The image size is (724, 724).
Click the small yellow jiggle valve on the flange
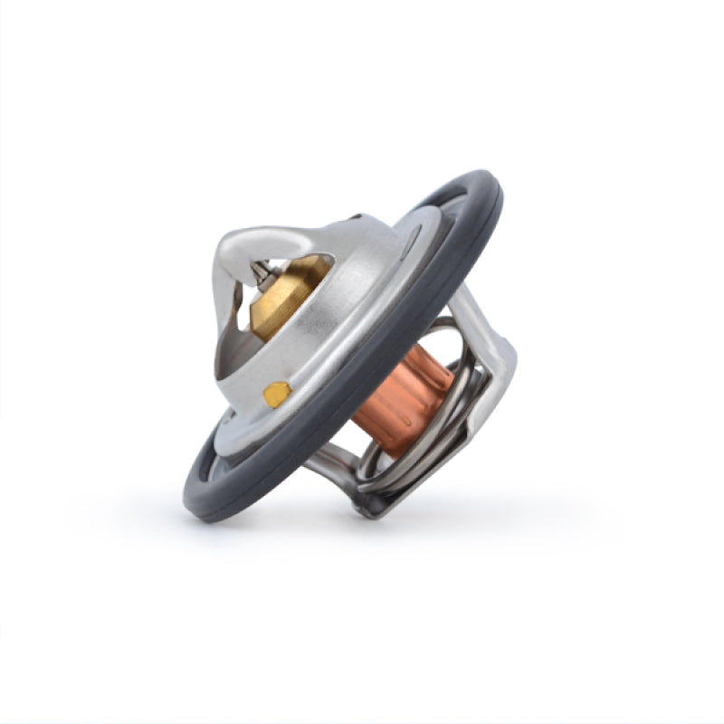[x=277, y=393]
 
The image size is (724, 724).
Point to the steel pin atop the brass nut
[x=261, y=269]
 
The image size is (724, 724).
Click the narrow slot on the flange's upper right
[x=412, y=239]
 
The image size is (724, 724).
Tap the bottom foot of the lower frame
[x=371, y=511]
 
